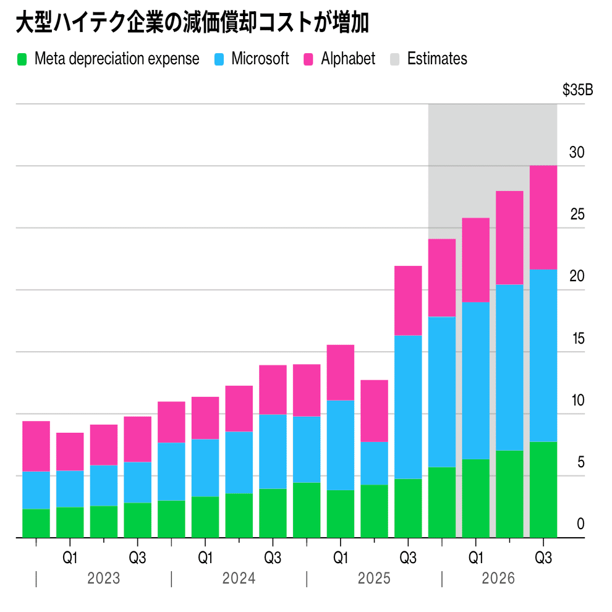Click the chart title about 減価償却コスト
click(x=192, y=23)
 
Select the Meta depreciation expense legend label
click(x=117, y=59)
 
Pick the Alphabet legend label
click(x=348, y=59)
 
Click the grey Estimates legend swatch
click(x=396, y=59)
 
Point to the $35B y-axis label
click(x=577, y=90)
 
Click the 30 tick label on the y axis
click(x=577, y=153)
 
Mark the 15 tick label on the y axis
click(x=577, y=339)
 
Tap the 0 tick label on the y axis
click(x=580, y=524)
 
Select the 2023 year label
click(x=104, y=579)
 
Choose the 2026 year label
click(x=498, y=579)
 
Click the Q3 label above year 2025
click(x=408, y=558)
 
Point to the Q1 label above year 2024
click(x=205, y=558)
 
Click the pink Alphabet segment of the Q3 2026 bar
click(x=543, y=217)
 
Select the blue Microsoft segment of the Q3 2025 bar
click(x=408, y=407)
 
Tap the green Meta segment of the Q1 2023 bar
click(x=70, y=522)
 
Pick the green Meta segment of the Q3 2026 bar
click(x=543, y=490)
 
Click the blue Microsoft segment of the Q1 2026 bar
click(x=476, y=380)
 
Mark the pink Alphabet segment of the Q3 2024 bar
click(x=273, y=389)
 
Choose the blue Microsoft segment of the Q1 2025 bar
click(x=341, y=445)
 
